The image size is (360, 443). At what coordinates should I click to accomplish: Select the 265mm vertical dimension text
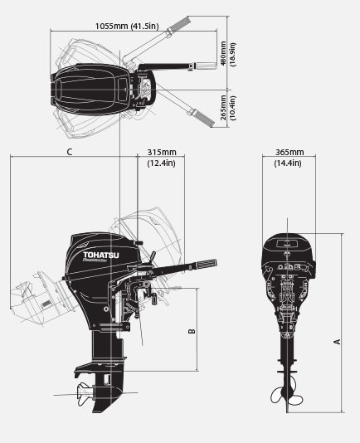[223, 105]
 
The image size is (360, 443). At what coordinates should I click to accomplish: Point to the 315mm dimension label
[161, 153]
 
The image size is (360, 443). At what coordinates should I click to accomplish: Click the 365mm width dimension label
[288, 153]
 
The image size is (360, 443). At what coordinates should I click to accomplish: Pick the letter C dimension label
[70, 152]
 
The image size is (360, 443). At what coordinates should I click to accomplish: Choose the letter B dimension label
[191, 332]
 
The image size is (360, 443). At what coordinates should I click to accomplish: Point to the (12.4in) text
[161, 164]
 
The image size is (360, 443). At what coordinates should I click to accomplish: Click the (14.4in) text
[288, 164]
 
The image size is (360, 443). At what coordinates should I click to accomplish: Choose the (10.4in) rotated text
[233, 105]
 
